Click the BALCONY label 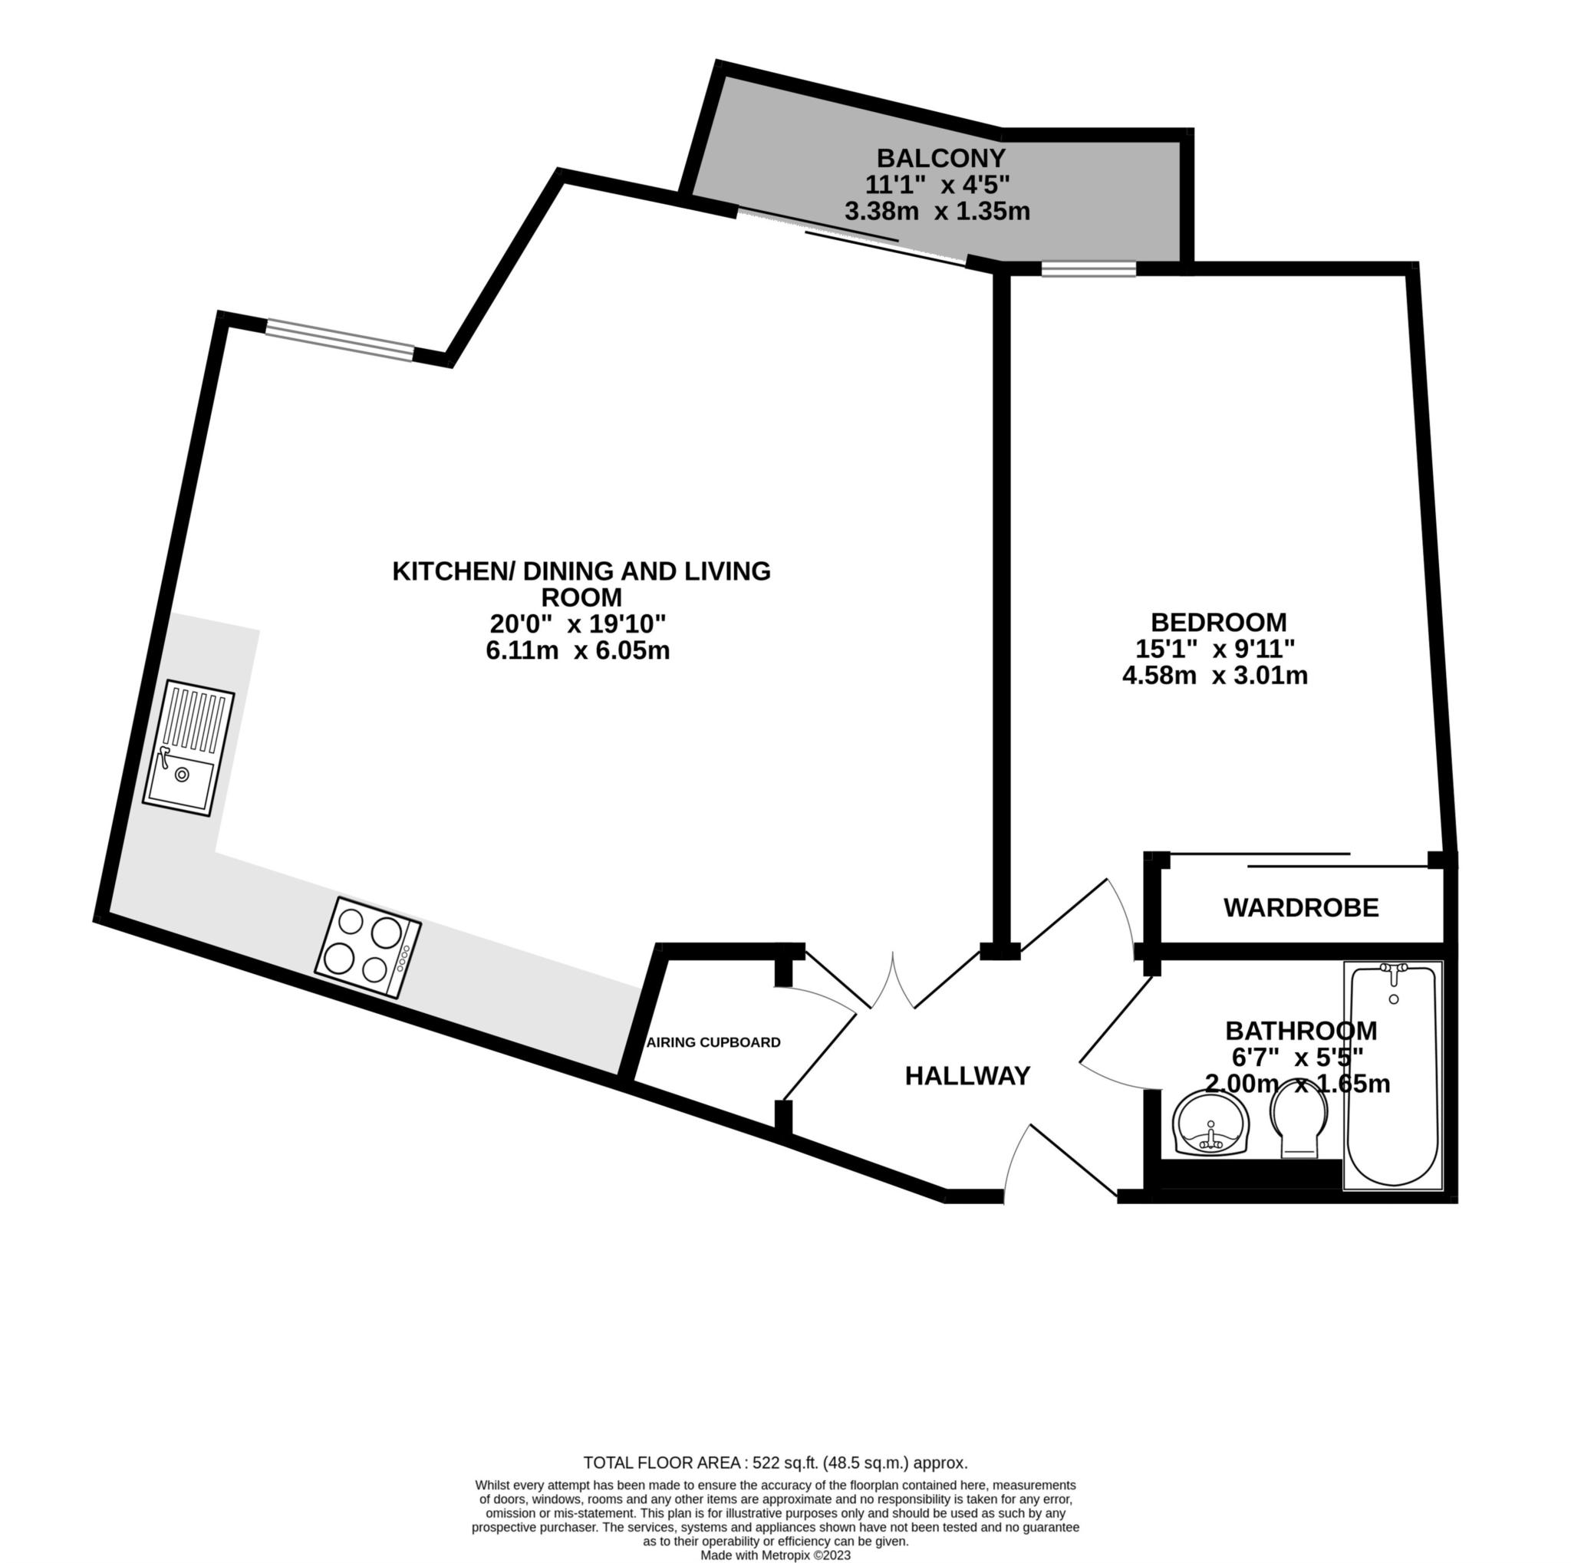(x=940, y=157)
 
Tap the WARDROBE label (x=1300, y=908)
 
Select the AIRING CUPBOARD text (x=713, y=1043)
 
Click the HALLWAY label (x=967, y=1076)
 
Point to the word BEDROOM (x=1218, y=623)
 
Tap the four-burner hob (x=368, y=948)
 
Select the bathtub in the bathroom (x=1392, y=1078)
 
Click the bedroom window (x=1088, y=269)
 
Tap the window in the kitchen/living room (x=340, y=339)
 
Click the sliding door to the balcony (x=851, y=235)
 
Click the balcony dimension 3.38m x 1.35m (x=937, y=212)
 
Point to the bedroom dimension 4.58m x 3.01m (x=1215, y=676)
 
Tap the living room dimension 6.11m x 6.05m (x=578, y=651)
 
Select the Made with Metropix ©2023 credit (x=775, y=1555)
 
